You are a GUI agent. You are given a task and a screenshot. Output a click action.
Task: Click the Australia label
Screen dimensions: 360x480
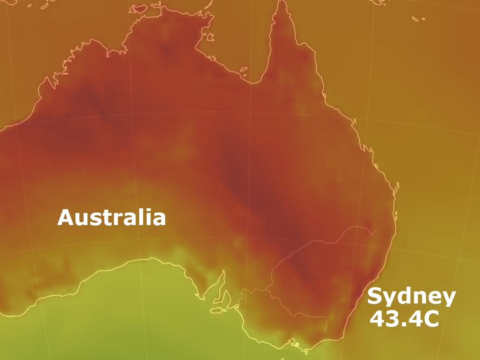(111, 218)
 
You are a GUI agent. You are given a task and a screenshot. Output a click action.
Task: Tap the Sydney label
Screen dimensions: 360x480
(411, 296)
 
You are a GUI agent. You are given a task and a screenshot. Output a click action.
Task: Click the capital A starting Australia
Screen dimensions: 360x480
(66, 218)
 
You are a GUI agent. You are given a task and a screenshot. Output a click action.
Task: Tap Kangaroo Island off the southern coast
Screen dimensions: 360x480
(218, 310)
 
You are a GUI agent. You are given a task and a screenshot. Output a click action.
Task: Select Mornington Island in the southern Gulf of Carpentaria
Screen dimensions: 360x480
(244, 71)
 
